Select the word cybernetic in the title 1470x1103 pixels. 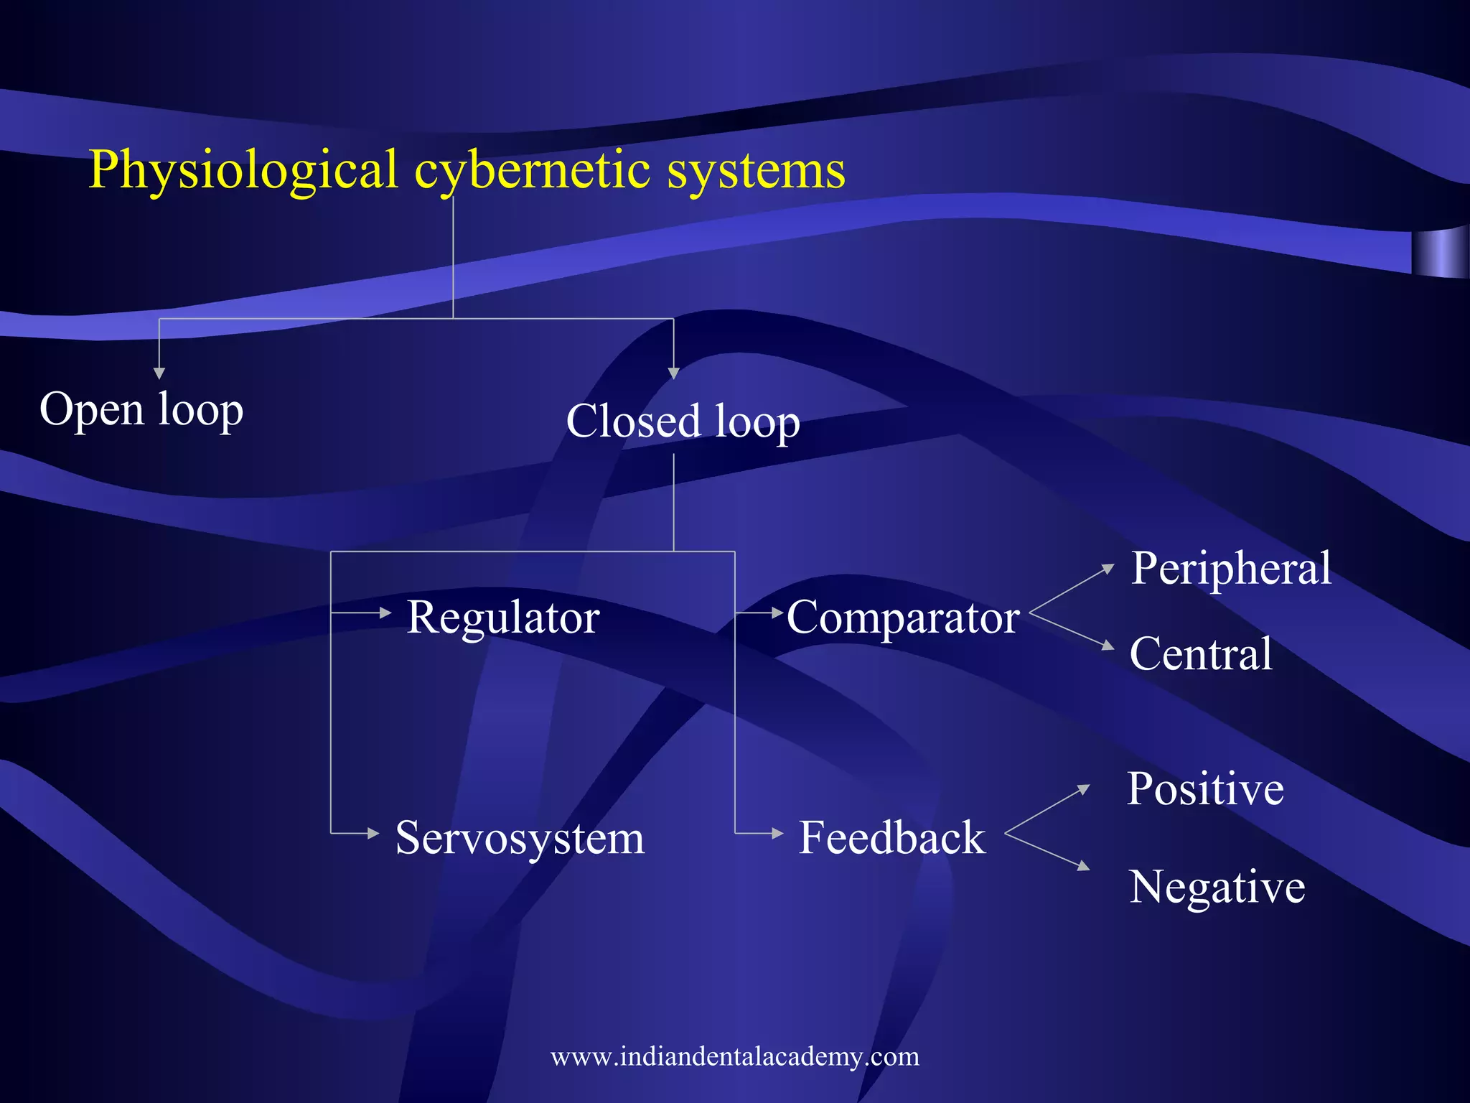(x=532, y=171)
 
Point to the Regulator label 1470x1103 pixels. (x=502, y=617)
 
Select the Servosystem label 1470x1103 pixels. (x=520, y=837)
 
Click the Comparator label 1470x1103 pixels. (x=903, y=617)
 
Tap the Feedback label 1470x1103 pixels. (x=892, y=837)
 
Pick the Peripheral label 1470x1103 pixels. (x=1231, y=568)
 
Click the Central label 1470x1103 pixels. (x=1201, y=653)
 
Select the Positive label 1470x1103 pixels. (x=1205, y=788)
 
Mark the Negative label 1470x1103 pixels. (x=1217, y=887)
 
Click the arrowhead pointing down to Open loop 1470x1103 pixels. (x=159, y=373)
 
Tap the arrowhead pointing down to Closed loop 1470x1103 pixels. (x=673, y=373)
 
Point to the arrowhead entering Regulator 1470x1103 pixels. (x=385, y=613)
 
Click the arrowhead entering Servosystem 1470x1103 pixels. (x=373, y=834)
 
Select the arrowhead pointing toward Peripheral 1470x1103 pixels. (x=1108, y=569)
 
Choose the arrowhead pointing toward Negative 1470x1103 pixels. (x=1084, y=866)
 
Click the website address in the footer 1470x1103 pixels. (x=734, y=1056)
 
